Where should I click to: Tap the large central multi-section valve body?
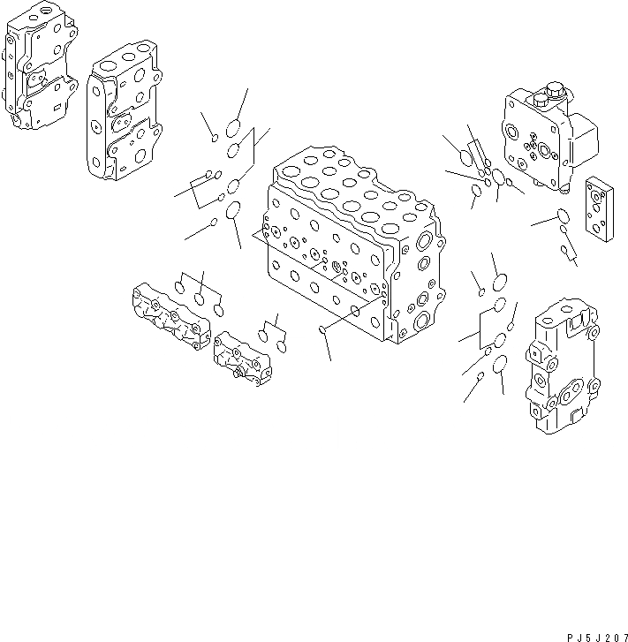pyautogui.click(x=349, y=252)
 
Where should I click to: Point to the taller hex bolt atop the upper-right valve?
pyautogui.click(x=554, y=90)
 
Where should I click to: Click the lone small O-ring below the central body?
pyautogui.click(x=323, y=331)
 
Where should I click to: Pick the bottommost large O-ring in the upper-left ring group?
pyautogui.click(x=234, y=211)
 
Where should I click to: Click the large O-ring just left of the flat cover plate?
pyautogui.click(x=563, y=215)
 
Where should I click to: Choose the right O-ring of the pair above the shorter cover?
pyautogui.click(x=281, y=347)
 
